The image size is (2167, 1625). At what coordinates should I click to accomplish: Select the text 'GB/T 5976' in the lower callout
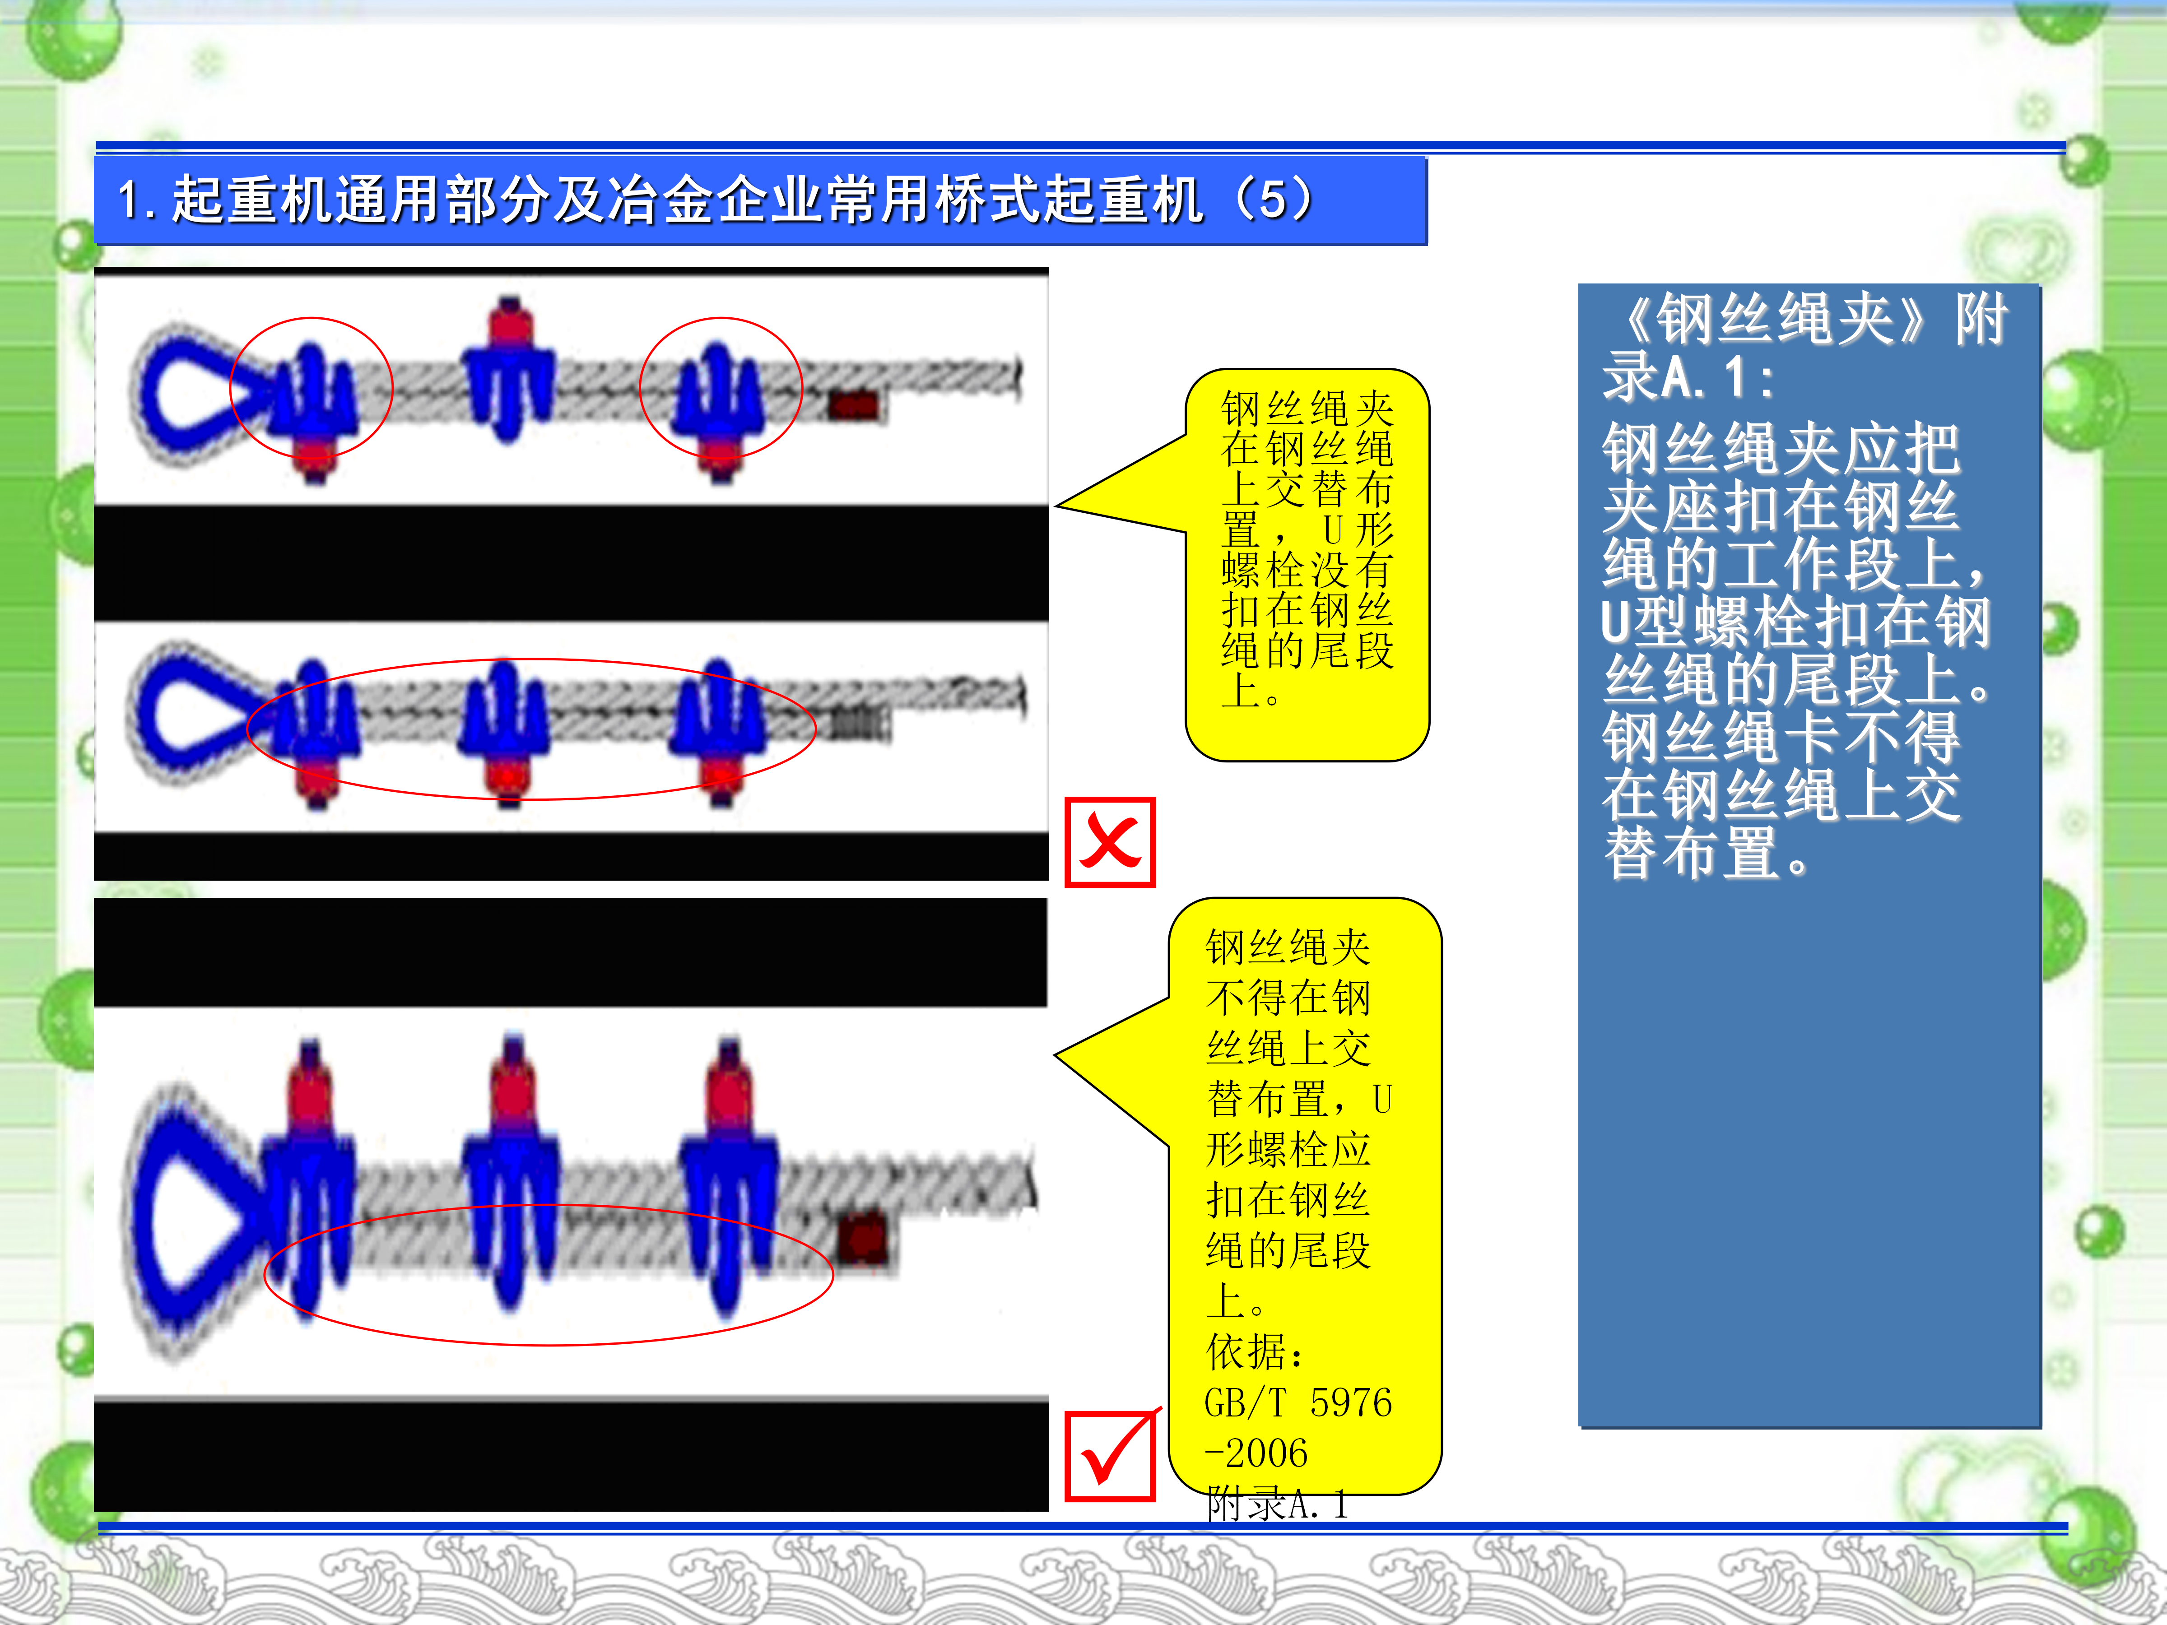(x=1298, y=1402)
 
